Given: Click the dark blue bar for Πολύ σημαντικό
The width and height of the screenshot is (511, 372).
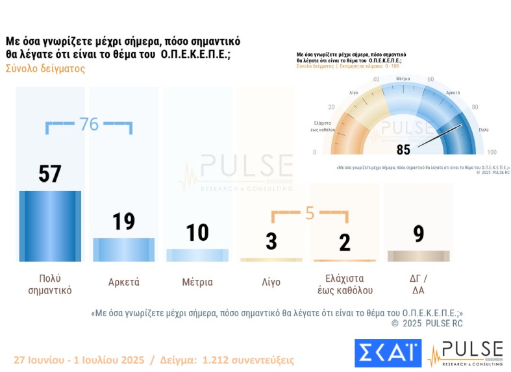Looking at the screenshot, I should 50,226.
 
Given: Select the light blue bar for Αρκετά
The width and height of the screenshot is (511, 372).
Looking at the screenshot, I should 123,249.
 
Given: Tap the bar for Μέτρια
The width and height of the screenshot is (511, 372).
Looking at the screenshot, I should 197,255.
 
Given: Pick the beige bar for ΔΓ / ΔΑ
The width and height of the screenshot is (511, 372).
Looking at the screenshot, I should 418,256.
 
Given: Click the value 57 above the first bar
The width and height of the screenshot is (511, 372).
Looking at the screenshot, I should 50,174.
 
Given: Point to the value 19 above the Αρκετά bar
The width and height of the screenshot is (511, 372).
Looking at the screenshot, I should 123,221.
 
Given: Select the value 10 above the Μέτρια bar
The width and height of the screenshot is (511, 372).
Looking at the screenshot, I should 197,233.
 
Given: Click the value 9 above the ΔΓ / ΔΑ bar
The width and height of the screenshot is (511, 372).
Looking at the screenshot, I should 418,233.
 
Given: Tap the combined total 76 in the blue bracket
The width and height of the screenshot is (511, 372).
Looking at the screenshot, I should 89,124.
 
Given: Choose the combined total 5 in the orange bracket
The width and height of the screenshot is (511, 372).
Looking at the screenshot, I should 310,213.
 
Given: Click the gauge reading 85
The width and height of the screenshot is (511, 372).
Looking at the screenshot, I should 403,150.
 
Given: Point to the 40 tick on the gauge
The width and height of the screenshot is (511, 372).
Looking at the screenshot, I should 376,80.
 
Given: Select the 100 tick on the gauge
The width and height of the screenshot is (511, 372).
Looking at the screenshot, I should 492,153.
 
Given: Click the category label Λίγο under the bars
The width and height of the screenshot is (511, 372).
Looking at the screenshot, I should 271,282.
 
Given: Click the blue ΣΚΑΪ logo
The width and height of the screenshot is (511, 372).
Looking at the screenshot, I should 388,353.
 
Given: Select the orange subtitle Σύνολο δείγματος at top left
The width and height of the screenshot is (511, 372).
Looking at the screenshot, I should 45,69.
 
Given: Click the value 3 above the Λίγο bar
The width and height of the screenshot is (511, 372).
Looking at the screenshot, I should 271,242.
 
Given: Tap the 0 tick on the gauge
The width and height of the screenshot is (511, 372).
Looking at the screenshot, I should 315,153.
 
